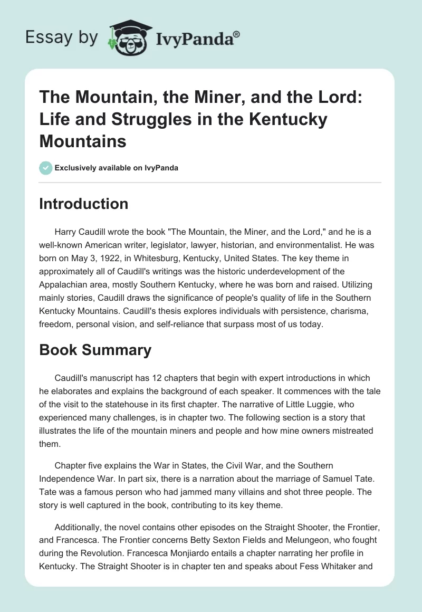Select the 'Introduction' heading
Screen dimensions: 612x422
[x=83, y=204]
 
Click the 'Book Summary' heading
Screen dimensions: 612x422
[x=95, y=350]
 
